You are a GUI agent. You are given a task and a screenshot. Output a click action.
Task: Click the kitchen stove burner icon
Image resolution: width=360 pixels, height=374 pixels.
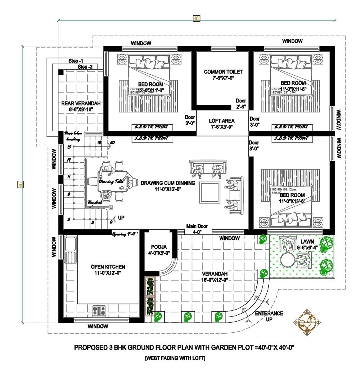(x=99, y=310)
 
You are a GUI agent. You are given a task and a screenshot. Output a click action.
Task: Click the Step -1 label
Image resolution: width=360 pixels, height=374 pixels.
(x=76, y=61)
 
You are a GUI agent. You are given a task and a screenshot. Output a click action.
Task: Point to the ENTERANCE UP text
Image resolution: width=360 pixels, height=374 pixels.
(x=269, y=316)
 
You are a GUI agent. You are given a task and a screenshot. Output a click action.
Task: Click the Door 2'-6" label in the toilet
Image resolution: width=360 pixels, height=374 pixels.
(x=241, y=104)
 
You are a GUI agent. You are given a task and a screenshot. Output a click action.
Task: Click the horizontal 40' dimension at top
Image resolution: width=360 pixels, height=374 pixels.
(x=196, y=18)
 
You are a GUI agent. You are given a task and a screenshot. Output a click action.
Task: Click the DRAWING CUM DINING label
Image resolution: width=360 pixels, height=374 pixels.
(x=168, y=186)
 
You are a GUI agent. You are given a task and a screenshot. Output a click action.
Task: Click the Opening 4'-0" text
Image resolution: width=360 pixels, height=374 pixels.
(x=125, y=234)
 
